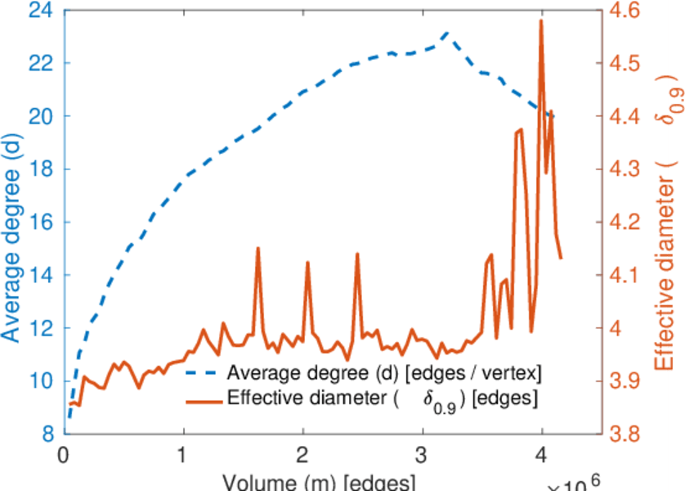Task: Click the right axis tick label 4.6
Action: click(x=625, y=11)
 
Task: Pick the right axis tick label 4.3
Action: click(x=625, y=169)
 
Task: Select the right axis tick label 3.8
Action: click(x=625, y=434)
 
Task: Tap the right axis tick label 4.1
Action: click(x=625, y=275)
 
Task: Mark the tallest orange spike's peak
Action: click(x=541, y=20)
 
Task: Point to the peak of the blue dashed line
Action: click(x=446, y=33)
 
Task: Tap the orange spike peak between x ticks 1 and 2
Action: click(x=258, y=248)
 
